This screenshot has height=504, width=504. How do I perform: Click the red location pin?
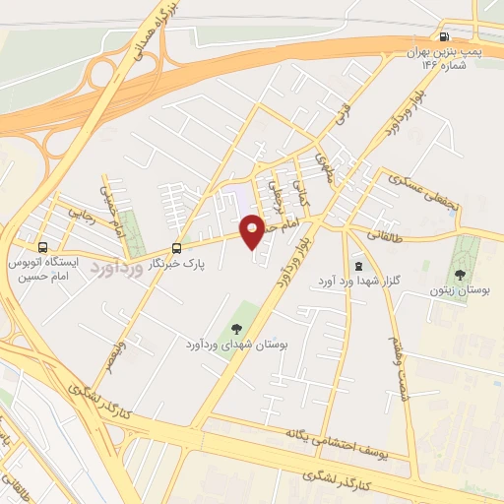(253, 231)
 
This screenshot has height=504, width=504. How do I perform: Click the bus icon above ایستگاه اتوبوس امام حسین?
(42, 247)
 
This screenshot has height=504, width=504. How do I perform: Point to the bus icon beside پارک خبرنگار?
(176, 248)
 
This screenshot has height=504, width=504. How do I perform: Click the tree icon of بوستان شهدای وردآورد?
(234, 329)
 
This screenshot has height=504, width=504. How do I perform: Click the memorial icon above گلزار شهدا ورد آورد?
(356, 265)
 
